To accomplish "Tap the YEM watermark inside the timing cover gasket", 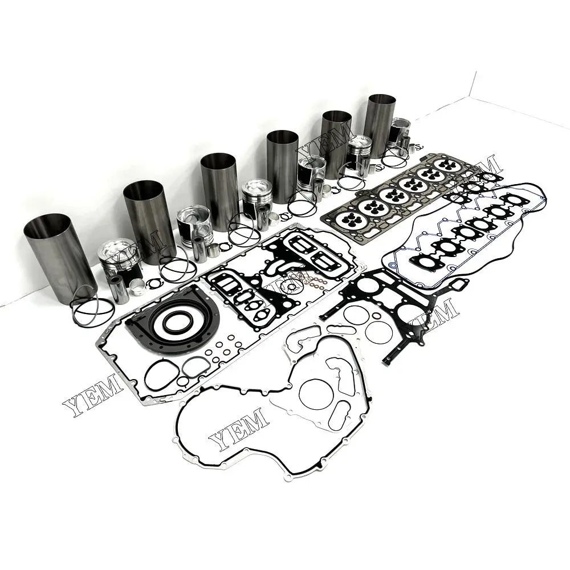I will pyautogui.click(x=239, y=427).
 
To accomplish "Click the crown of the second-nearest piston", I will pyautogui.click(x=194, y=213).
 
